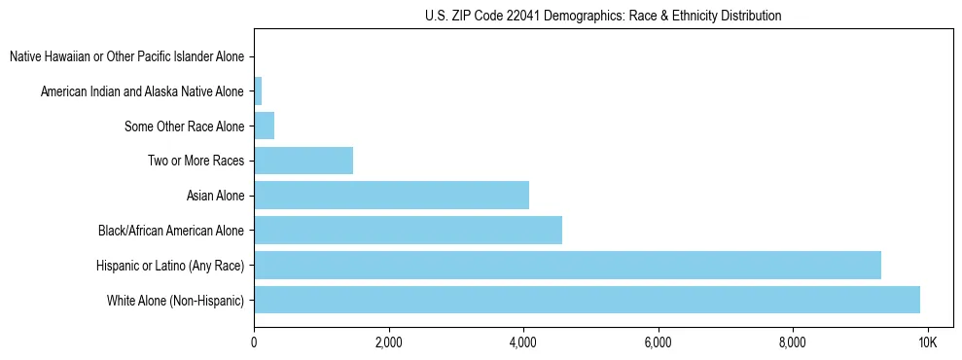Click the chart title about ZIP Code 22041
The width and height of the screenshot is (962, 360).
603,16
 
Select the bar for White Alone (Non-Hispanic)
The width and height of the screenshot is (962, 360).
587,300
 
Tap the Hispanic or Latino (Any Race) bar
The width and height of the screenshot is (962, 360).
567,265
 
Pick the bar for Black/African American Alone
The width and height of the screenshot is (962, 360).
408,231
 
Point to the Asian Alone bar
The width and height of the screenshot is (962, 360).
391,196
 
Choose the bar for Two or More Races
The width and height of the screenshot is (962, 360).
303,161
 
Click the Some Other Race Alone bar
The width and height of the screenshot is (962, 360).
264,126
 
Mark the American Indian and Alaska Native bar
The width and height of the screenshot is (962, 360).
258,91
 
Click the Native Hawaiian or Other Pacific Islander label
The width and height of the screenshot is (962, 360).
126,57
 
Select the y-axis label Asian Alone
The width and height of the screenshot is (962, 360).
215,197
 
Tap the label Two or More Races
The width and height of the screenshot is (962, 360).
196,162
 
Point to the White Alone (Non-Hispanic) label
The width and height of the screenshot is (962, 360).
176,301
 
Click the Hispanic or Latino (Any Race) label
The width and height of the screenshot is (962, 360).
170,266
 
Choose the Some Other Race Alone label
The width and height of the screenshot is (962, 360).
184,126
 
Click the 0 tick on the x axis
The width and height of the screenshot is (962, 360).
254,342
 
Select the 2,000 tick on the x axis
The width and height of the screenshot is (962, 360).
388,342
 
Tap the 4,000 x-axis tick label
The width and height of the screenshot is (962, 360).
523,342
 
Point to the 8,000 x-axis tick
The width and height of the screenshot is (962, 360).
793,342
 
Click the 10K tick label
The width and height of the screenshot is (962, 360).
927,342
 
